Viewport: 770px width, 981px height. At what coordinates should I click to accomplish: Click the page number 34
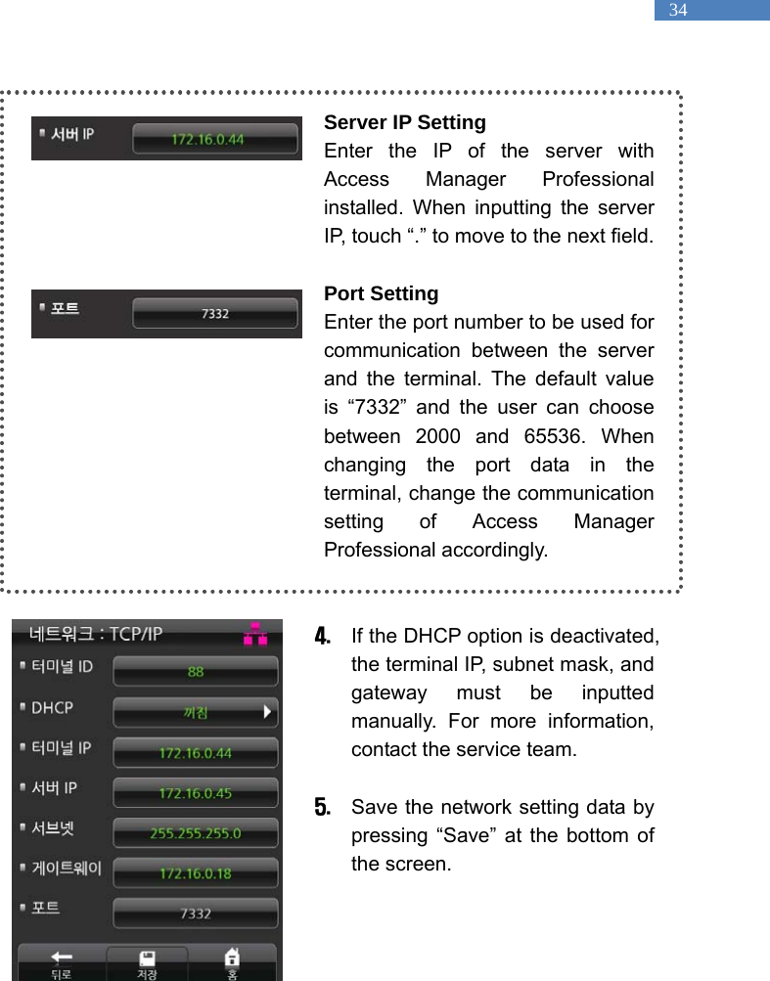point(678,11)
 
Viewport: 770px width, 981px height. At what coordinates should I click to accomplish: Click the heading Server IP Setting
point(404,122)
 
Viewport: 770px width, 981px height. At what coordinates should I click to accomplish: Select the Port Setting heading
point(381,293)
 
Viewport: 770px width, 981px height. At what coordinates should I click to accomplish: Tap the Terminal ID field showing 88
point(196,672)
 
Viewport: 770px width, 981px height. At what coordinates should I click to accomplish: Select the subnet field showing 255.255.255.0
point(196,833)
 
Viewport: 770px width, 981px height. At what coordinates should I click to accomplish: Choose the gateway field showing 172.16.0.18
point(196,872)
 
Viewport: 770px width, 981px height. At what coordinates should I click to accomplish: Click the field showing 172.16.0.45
point(196,792)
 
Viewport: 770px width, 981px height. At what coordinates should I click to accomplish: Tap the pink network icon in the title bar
point(255,634)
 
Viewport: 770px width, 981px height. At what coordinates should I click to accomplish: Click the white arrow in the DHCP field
point(267,712)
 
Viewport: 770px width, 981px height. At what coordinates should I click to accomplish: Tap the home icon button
point(232,959)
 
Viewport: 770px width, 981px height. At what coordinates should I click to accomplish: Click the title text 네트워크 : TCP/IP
point(96,634)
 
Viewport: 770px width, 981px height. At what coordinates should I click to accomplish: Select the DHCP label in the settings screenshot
point(52,707)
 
